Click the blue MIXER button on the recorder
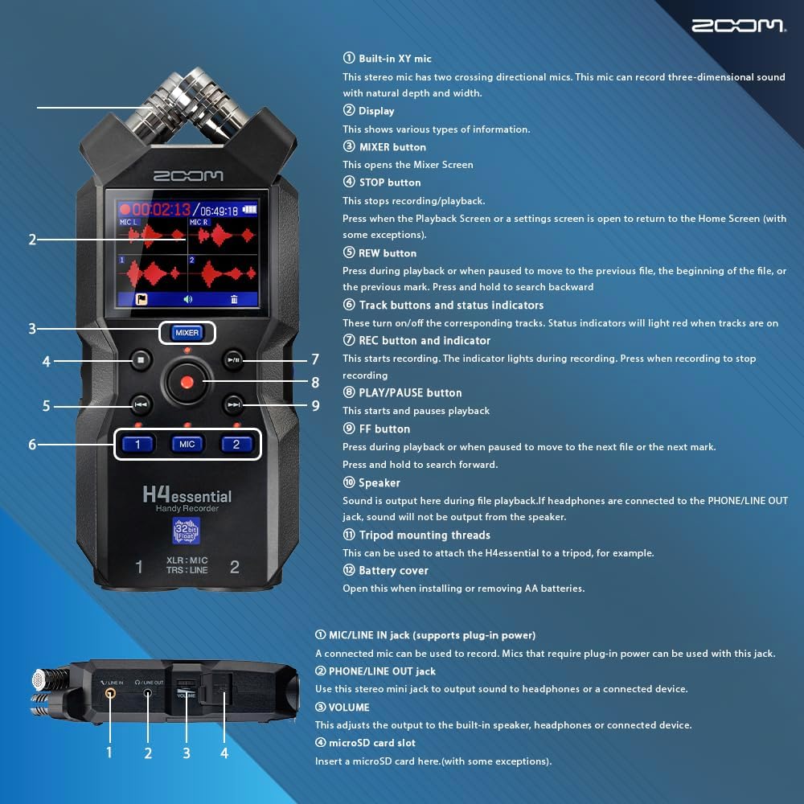[x=187, y=332]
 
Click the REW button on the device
[x=140, y=404]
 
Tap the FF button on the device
[x=233, y=404]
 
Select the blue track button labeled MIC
[x=187, y=444]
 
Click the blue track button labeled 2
[x=236, y=444]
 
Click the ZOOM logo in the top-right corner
[x=738, y=26]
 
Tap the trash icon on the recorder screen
[x=234, y=299]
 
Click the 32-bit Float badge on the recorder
[x=187, y=531]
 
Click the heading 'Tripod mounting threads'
[x=424, y=535]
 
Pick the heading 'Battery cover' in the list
[x=393, y=571]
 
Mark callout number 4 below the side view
[x=224, y=753]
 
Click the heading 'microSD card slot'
[x=372, y=743]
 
